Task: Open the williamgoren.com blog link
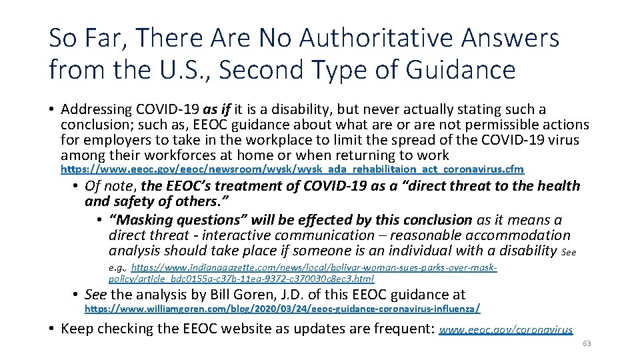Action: [x=282, y=309]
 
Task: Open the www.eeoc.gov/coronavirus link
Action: [x=506, y=329]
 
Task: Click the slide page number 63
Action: [x=587, y=344]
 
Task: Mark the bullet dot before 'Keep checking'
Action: [x=52, y=329]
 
